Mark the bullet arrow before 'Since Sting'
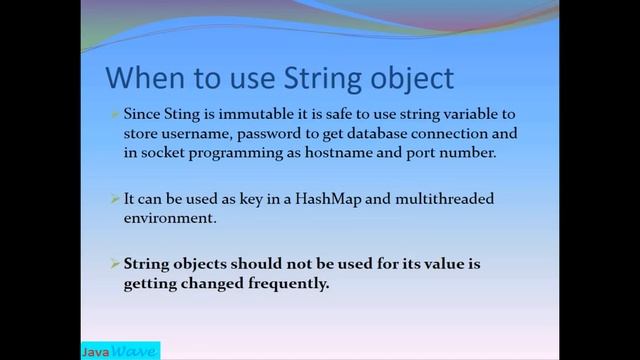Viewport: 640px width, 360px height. [115, 114]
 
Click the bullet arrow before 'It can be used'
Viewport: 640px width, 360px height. [115, 199]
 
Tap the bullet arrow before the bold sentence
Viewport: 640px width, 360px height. [115, 264]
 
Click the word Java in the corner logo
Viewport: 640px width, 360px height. [96, 351]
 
